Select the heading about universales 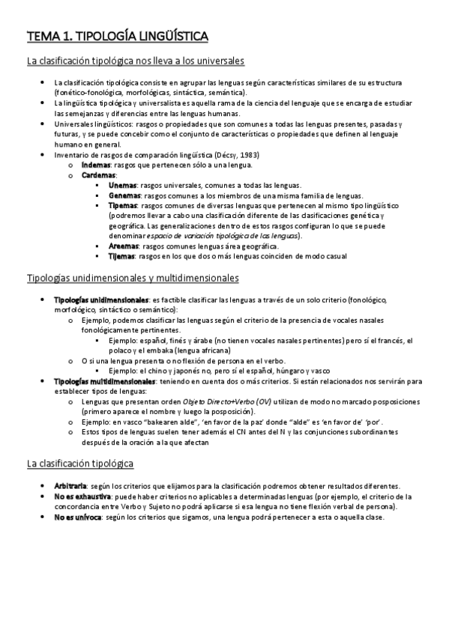tap(136, 61)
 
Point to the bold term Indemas tap(95, 165)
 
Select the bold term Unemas tap(122, 184)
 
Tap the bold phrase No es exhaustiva tap(82, 496)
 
